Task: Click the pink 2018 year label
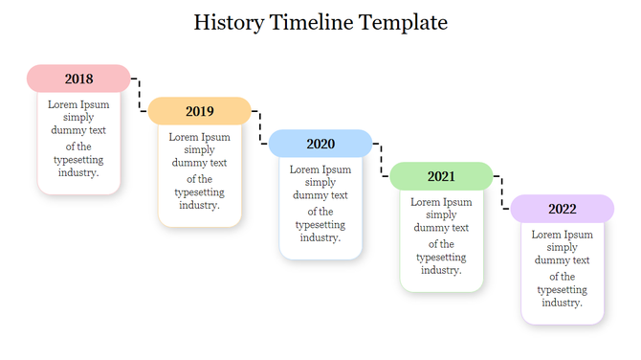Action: (x=78, y=79)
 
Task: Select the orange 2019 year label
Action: (x=199, y=111)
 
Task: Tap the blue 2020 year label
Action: (x=320, y=144)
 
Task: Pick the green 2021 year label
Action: (x=441, y=176)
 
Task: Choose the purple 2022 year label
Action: (x=562, y=209)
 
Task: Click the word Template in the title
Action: (x=403, y=22)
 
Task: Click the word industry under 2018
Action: (x=77, y=173)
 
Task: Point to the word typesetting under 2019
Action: (x=199, y=191)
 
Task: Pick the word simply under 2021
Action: (x=441, y=214)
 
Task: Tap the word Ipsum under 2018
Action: (x=95, y=104)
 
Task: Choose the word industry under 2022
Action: (x=561, y=303)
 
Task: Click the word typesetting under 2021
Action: (x=441, y=258)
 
